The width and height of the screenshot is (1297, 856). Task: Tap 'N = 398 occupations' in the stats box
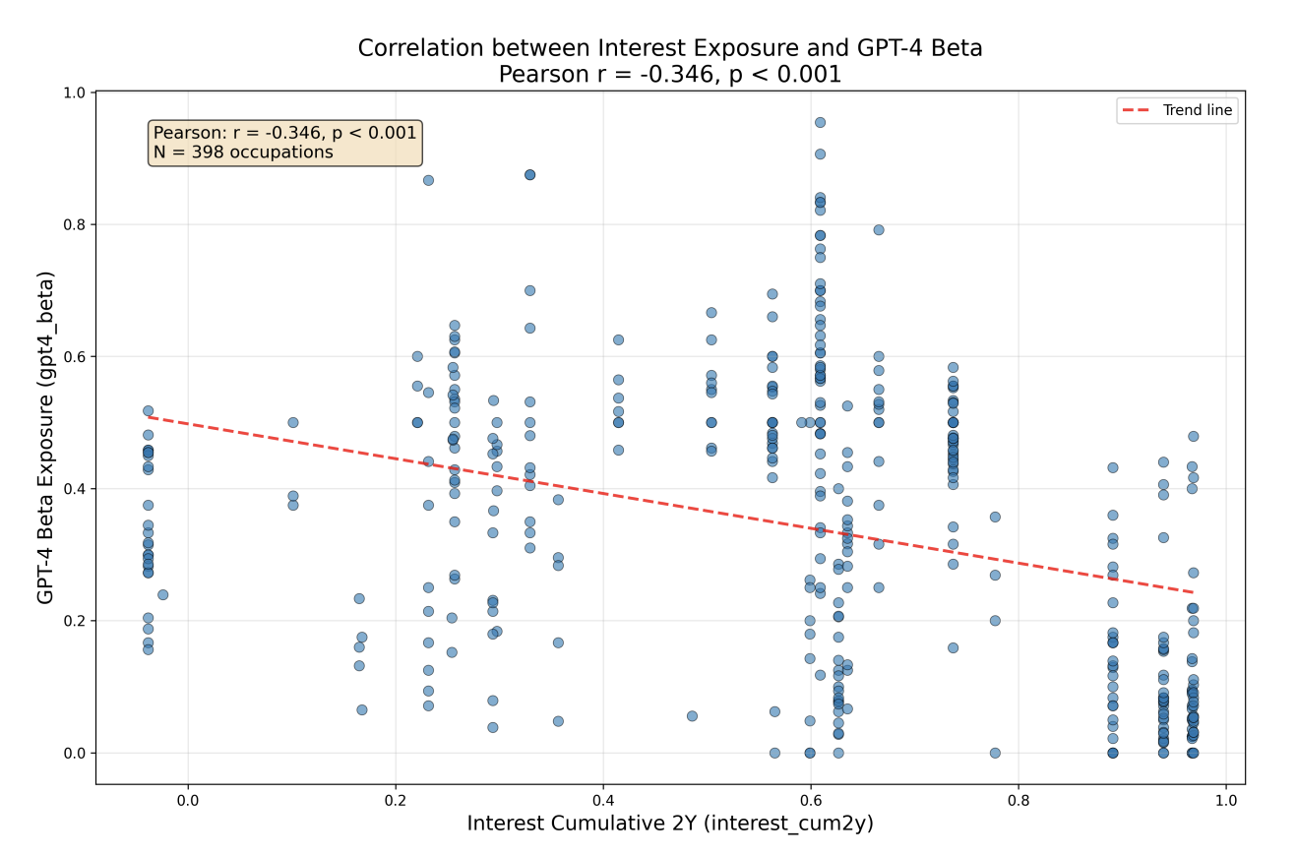click(243, 153)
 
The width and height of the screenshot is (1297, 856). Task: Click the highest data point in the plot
click(820, 123)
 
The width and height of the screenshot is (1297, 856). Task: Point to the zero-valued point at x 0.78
click(995, 753)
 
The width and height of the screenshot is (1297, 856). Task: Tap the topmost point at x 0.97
click(1193, 436)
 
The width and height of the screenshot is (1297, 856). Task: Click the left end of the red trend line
click(148, 417)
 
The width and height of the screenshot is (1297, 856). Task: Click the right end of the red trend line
click(1193, 592)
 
